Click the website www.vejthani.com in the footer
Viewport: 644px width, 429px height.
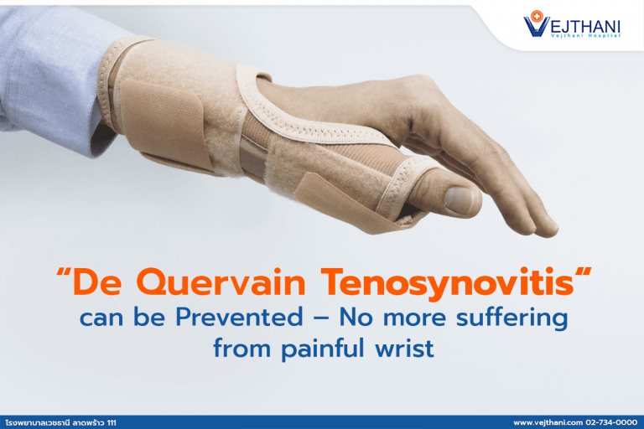point(547,423)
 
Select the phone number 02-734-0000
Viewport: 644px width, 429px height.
point(611,423)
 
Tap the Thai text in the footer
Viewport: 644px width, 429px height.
point(50,423)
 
